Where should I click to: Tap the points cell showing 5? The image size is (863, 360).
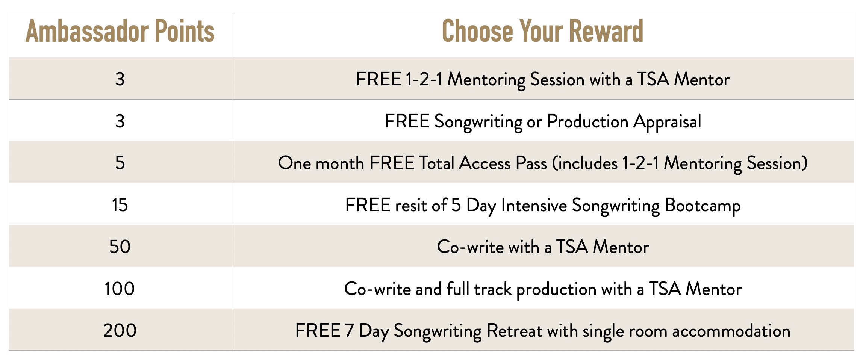(x=120, y=163)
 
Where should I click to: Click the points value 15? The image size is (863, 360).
(x=120, y=205)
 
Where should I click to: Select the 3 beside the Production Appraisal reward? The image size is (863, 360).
(x=120, y=121)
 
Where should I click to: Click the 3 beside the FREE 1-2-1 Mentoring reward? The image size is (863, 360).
(x=120, y=79)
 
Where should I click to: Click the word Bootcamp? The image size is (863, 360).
(x=703, y=206)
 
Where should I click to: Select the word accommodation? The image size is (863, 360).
(x=731, y=331)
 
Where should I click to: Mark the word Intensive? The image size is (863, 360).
(x=534, y=206)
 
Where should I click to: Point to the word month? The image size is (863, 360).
(x=340, y=163)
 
